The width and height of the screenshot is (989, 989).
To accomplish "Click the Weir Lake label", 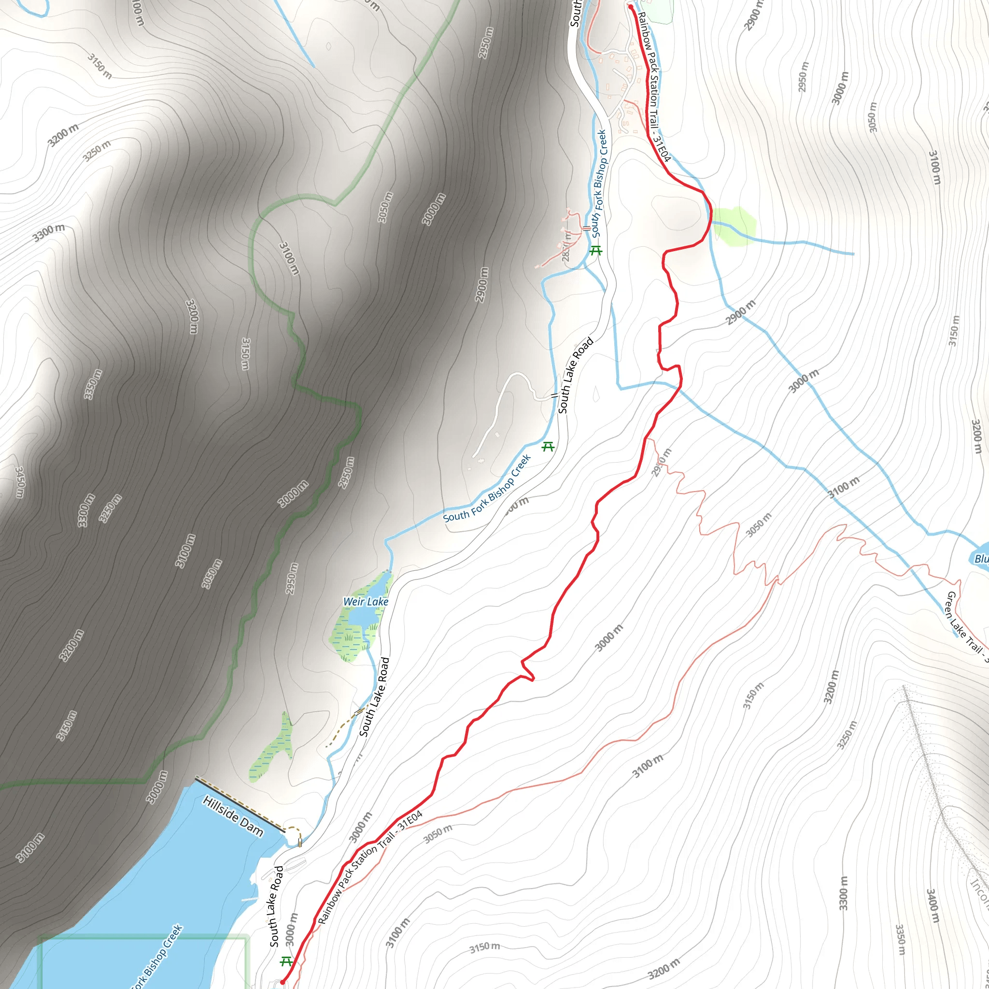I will pyautogui.click(x=366, y=602).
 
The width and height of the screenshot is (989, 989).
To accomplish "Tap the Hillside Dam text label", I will pyautogui.click(x=233, y=816).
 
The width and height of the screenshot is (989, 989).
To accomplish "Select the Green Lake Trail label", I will pyautogui.click(x=965, y=622).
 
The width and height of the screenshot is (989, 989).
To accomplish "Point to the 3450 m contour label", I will pyautogui.click(x=19, y=481).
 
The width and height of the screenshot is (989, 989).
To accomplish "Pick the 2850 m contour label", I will pyautogui.click(x=566, y=246).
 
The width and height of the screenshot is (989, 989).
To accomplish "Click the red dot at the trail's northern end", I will pyautogui.click(x=631, y=7).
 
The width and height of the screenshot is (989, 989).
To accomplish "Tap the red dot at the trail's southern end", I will pyautogui.click(x=282, y=982).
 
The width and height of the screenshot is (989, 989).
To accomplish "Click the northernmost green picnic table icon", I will pyautogui.click(x=595, y=250).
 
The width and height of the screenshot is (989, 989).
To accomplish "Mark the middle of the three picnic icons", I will pyautogui.click(x=548, y=446).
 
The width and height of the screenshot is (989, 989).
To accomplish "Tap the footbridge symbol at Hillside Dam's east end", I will pyautogui.click(x=300, y=843).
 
